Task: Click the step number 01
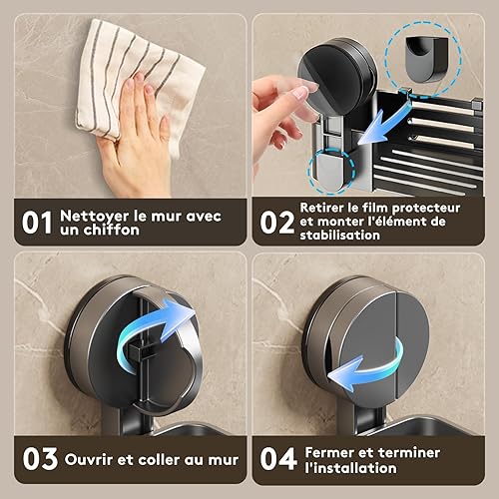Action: [x=37, y=223]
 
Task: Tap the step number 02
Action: [x=277, y=222]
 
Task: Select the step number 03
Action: [x=40, y=459]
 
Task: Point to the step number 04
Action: [x=278, y=459]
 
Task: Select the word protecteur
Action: [x=426, y=209]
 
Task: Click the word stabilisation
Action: [x=339, y=235]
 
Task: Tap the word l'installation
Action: [x=350, y=468]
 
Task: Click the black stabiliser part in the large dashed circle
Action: [x=427, y=59]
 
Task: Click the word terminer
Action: [x=409, y=453]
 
